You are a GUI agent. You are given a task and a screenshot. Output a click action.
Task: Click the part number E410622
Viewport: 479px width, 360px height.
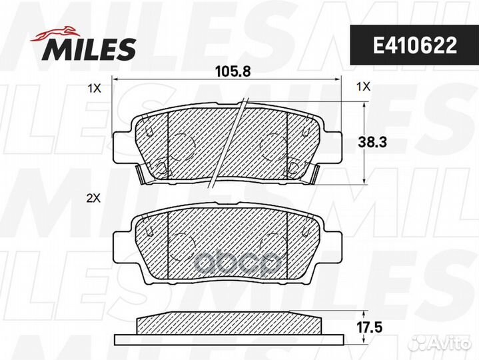(414, 45)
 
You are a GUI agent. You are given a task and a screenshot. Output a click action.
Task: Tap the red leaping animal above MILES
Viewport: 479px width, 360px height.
(55, 33)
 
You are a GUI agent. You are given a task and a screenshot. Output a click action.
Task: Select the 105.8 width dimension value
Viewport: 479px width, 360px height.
(233, 72)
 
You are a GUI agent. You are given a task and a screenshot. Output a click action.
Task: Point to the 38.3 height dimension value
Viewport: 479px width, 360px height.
(372, 143)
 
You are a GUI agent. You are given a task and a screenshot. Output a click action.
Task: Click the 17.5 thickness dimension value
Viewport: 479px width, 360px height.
(370, 327)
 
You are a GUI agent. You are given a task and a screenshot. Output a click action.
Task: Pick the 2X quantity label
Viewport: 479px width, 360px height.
(93, 199)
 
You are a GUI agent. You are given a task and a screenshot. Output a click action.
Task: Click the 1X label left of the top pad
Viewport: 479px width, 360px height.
(94, 89)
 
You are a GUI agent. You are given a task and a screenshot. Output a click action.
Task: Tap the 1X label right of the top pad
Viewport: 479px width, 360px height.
(363, 87)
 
